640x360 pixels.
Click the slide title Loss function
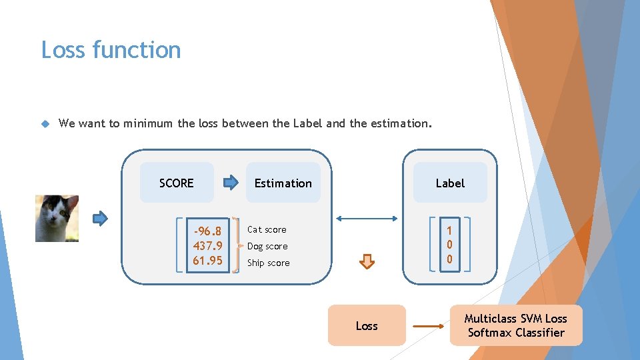click(111, 50)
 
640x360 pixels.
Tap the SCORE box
click(177, 183)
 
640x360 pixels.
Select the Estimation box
click(283, 183)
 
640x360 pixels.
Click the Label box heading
click(450, 183)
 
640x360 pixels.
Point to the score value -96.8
click(207, 231)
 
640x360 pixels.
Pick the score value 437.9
click(207, 245)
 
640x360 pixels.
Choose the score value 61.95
click(207, 260)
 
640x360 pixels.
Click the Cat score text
click(267, 229)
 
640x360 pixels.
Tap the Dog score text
click(267, 246)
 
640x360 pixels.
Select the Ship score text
click(269, 263)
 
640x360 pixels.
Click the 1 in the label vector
click(450, 231)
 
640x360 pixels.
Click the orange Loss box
click(367, 325)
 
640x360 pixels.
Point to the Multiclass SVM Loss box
click(516, 325)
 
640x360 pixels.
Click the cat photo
click(57, 218)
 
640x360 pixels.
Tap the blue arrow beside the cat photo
click(100, 218)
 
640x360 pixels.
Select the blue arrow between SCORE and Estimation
click(230, 182)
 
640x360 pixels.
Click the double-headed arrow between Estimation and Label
click(367, 218)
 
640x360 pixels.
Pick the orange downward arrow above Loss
click(367, 261)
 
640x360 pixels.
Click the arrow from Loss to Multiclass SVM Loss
click(427, 326)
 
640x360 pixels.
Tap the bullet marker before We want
click(45, 123)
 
